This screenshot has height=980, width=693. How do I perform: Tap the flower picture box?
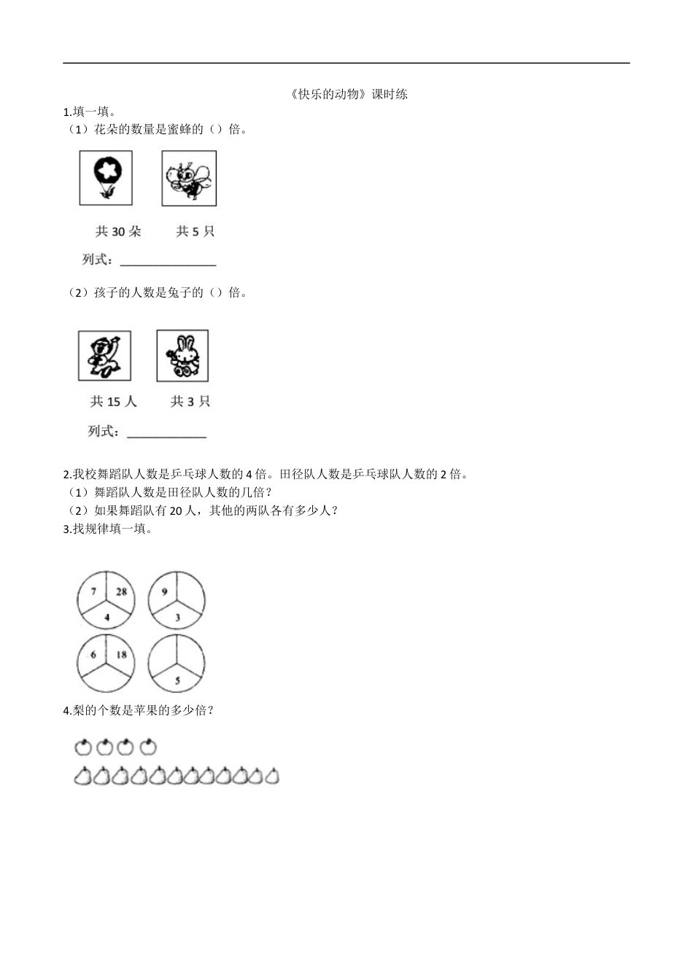[107, 178]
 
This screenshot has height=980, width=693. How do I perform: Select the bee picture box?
[189, 178]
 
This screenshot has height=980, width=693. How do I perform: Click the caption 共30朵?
[118, 231]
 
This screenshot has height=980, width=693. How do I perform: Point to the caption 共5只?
[195, 231]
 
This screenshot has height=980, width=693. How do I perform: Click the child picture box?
[105, 356]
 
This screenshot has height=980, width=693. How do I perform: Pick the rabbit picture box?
[182, 356]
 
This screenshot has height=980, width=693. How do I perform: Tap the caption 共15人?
[113, 401]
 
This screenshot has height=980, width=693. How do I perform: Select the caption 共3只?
[190, 401]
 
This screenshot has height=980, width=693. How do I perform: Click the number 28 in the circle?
[121, 591]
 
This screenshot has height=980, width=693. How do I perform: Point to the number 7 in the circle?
[93, 591]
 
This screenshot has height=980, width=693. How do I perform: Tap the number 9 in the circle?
[164, 592]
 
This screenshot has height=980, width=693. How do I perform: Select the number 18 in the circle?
[121, 654]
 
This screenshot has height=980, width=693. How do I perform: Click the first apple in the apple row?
[82, 747]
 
